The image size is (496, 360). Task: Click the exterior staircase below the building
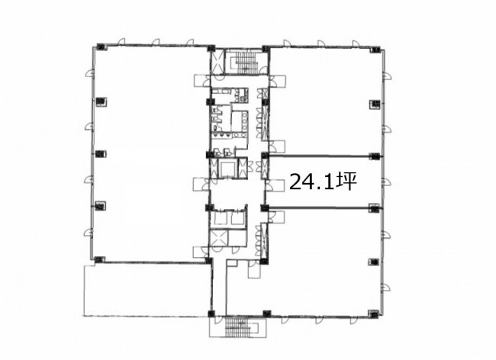pos(237,326)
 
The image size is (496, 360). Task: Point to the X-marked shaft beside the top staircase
pos(217,62)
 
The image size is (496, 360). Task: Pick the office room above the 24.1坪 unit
pos(326,101)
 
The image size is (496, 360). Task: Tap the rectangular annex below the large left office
pos(147,290)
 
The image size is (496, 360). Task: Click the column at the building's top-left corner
pos(101,47)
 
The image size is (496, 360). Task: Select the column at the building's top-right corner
pos(375,50)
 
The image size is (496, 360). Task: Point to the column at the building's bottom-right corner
pos(375,313)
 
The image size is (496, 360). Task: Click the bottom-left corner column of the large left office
pos(99,259)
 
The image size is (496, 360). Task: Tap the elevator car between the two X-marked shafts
pos(228,169)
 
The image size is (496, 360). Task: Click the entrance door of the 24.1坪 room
pos(273,185)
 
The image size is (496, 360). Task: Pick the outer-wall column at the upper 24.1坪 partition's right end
pos(374,156)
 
